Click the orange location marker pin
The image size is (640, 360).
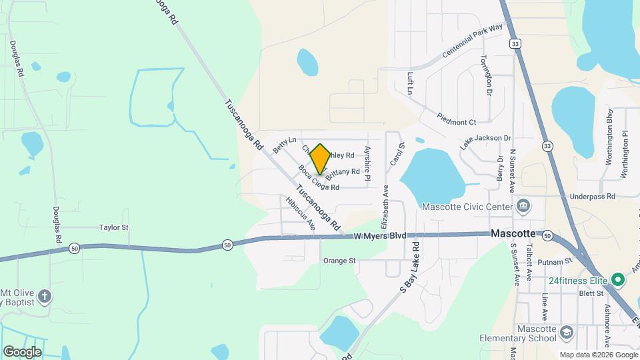tap(320, 159)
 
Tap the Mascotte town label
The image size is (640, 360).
tap(513, 234)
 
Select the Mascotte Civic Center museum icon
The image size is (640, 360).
tap(524, 205)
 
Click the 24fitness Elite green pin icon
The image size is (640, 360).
tap(617, 279)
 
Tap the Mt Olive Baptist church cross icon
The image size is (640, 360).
tap(44, 296)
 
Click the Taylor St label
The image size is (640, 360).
tap(113, 227)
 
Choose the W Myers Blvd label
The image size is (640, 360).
tap(379, 236)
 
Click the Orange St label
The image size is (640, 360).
tap(339, 261)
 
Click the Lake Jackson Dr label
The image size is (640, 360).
tap(485, 142)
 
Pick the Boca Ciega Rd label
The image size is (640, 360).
tap(319, 178)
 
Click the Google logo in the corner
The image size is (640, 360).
tap(22, 351)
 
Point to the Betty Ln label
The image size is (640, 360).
tap(283, 142)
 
